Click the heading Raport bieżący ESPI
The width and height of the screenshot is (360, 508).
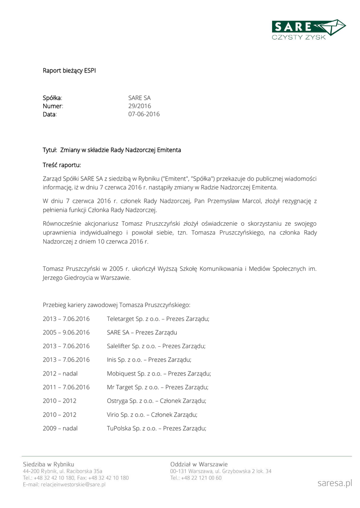(69, 70)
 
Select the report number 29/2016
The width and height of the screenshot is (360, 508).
(140, 106)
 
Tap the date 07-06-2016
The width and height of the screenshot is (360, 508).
(144, 114)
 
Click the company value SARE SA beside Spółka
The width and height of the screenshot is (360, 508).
(140, 98)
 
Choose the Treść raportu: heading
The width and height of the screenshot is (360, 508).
(62, 165)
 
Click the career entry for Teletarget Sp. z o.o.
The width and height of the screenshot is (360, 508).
(158, 318)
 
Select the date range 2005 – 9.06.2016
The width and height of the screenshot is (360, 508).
(66, 332)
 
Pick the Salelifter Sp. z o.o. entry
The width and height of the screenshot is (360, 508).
(156, 346)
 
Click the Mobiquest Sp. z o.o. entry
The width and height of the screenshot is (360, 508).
(159, 373)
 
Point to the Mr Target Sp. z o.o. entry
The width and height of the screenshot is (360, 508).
(157, 387)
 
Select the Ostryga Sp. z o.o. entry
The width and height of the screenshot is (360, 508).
(156, 400)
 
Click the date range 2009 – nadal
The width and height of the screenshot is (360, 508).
(60, 428)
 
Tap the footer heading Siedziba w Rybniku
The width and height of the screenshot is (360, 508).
(49, 464)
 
